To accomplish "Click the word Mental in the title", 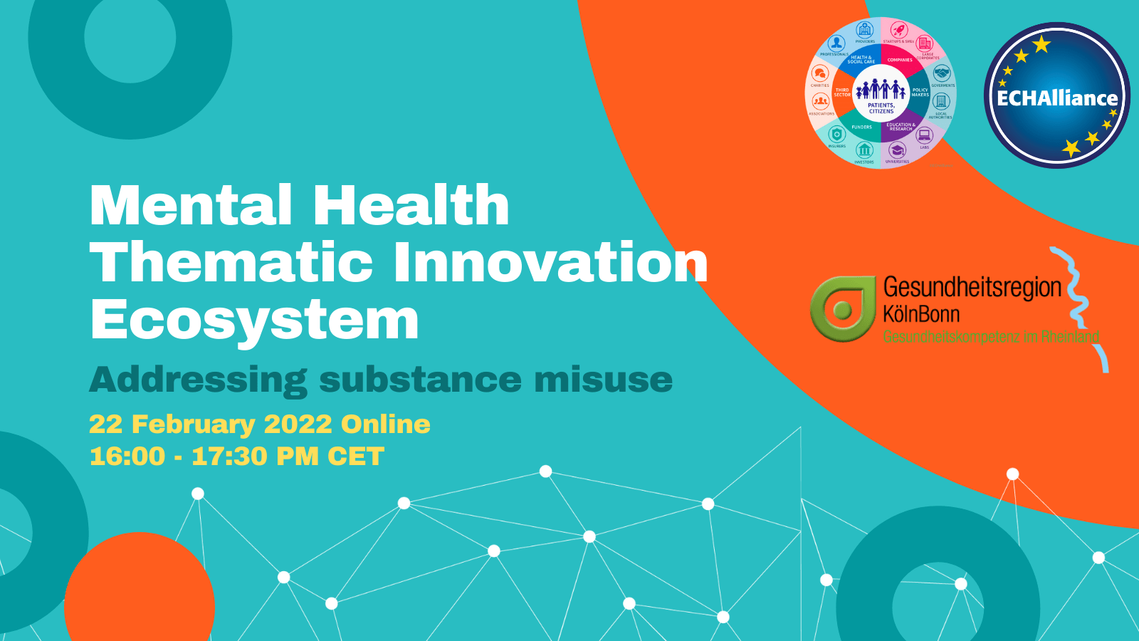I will pyautogui.click(x=191, y=206).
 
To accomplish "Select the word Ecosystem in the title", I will pyautogui.click(x=254, y=320).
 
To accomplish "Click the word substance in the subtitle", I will pyautogui.click(x=420, y=379).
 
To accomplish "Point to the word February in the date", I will pyautogui.click(x=193, y=424).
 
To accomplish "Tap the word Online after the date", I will pyautogui.click(x=385, y=424).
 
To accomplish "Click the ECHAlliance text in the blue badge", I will pyautogui.click(x=1056, y=98).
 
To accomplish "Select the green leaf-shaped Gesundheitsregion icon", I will pyautogui.click(x=842, y=308).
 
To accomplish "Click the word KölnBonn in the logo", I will pyautogui.click(x=921, y=314).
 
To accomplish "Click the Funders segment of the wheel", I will pyautogui.click(x=861, y=127).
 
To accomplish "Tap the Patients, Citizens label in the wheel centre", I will pyautogui.click(x=881, y=108).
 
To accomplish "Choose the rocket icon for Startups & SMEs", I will pyautogui.click(x=898, y=31).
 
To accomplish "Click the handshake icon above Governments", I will pyautogui.click(x=942, y=73).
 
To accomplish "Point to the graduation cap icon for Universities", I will pyautogui.click(x=897, y=150).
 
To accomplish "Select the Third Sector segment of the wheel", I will pyautogui.click(x=842, y=93).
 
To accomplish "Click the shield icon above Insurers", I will pyautogui.click(x=837, y=134).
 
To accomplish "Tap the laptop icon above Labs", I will pyautogui.click(x=924, y=135).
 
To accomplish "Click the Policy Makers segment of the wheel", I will pyautogui.click(x=920, y=93).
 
